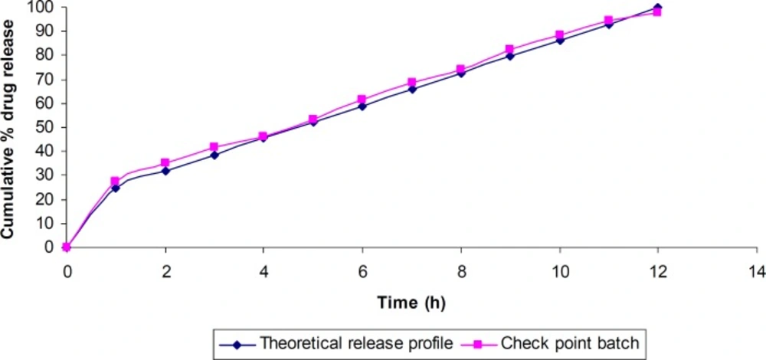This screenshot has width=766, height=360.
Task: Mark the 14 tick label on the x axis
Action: [756, 270]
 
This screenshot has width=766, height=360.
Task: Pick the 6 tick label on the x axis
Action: [362, 270]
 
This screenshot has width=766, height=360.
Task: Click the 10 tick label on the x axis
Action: [559, 270]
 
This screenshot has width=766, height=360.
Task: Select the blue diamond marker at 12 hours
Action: [657, 8]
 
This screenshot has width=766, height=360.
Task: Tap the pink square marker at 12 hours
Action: [657, 12]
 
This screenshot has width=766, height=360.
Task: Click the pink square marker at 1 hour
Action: [116, 182]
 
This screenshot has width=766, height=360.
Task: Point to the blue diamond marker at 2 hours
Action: [165, 171]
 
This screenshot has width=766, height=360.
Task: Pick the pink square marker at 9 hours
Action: [510, 50]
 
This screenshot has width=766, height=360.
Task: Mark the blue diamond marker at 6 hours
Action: [362, 106]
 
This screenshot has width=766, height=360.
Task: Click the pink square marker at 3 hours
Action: [214, 147]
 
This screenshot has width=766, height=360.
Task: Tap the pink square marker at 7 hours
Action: [411, 83]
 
